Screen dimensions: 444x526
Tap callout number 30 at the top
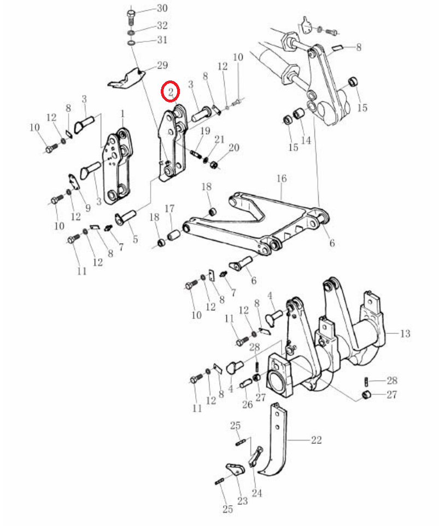[162, 8]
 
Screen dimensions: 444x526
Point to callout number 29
[162, 65]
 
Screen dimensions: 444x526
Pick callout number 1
[122, 114]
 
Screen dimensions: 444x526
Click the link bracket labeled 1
[117, 166]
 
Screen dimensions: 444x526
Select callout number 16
[282, 178]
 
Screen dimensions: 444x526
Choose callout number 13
[405, 333]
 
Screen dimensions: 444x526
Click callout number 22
[317, 440]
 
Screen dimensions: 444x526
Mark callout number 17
[170, 209]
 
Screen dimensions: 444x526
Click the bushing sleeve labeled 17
[174, 234]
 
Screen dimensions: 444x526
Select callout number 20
[233, 148]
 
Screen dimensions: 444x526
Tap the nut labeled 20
[213, 165]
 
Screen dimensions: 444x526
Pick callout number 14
[306, 140]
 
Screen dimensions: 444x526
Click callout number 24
[256, 493]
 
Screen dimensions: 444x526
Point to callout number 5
[135, 240]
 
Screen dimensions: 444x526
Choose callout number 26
[247, 404]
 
